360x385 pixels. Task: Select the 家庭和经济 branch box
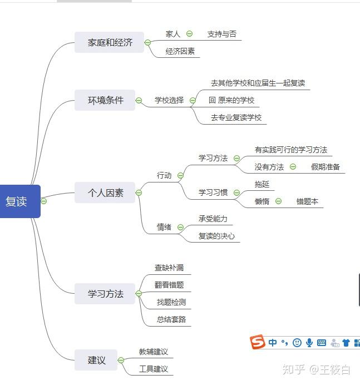point(110,42)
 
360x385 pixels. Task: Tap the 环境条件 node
point(105,100)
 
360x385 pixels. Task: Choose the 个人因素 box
point(105,193)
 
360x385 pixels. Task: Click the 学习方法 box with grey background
point(105,293)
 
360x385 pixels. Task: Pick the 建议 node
point(96,360)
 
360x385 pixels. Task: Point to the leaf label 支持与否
point(221,34)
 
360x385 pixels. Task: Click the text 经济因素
point(180,52)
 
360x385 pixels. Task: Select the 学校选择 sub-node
point(169,101)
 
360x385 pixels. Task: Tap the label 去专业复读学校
point(235,117)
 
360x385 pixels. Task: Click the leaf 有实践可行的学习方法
point(290,150)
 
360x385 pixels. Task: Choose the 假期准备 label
point(326,166)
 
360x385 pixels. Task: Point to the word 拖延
point(262,184)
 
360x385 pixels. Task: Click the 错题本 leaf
point(307,201)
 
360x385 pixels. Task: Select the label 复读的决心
point(216,236)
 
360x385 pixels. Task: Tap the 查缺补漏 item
point(169,268)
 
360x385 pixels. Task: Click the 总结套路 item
point(171,319)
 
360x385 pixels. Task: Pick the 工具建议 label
point(153,369)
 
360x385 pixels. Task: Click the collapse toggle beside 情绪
point(180,227)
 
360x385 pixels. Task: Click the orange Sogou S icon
point(257,343)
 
